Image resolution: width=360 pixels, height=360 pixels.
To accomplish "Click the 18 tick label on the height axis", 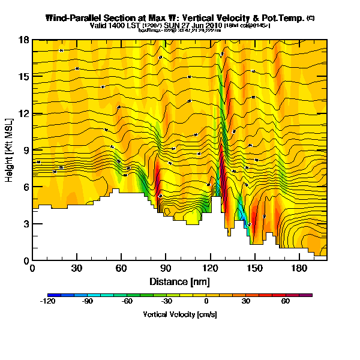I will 25,40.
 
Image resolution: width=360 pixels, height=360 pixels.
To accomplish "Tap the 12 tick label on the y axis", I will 25,113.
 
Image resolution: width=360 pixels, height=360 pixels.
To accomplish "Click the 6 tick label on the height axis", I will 26,187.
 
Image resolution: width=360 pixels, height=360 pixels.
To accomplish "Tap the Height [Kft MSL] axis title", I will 10,150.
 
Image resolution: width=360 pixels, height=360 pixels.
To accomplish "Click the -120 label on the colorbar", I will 48,302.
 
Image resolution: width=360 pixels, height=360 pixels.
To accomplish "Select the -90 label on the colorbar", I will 88,302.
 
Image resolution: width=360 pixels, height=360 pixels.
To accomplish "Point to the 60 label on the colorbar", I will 285,302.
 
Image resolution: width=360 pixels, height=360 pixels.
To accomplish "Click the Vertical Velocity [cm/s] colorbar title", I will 179,314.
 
